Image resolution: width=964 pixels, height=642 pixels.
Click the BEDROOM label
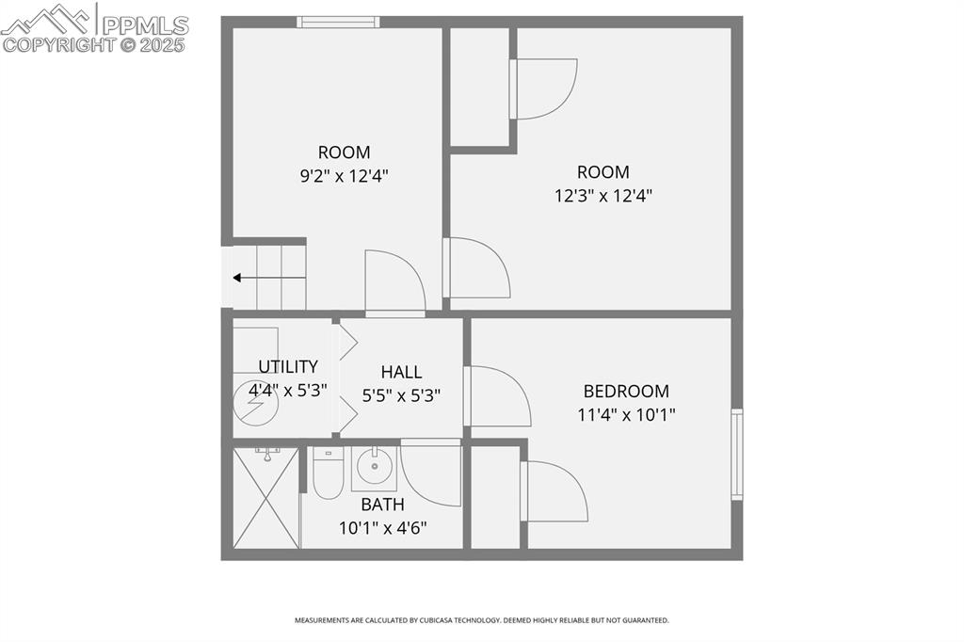626,391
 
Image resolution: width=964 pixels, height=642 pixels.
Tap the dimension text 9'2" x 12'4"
344,175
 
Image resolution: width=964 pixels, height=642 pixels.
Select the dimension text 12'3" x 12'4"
602,196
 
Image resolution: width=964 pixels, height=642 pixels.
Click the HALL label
401,372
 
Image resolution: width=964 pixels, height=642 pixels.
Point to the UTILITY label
288,366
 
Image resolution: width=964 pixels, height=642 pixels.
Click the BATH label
382,505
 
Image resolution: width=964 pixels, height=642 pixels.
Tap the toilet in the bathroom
328,474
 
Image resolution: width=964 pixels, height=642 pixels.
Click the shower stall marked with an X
265,498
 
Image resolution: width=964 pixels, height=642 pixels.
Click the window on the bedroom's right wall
737,454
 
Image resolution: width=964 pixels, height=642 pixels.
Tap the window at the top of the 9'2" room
338,22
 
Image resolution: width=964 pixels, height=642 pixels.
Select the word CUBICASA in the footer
434,620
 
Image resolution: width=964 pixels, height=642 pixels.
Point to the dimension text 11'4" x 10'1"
626,414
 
